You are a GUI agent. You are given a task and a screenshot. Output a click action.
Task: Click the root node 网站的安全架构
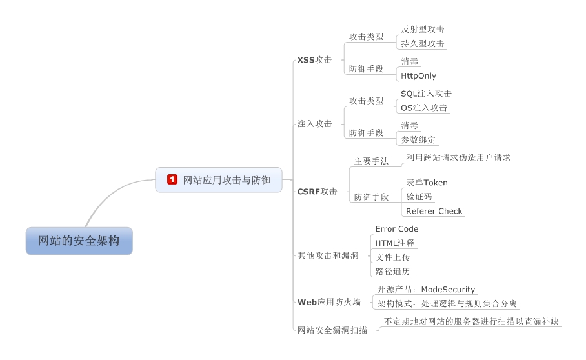click(x=79, y=241)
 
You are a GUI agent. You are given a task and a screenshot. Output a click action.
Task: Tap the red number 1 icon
click(x=172, y=179)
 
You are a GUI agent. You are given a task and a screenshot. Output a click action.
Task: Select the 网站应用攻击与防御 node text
click(x=227, y=179)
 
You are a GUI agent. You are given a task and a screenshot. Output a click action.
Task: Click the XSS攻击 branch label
click(x=314, y=59)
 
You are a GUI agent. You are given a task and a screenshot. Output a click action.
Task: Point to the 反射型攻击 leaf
click(x=423, y=30)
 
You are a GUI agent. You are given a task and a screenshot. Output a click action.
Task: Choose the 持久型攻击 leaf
click(x=423, y=44)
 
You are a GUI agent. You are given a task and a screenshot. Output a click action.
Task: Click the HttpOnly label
click(x=418, y=75)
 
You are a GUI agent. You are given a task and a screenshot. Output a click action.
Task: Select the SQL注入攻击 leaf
click(x=426, y=94)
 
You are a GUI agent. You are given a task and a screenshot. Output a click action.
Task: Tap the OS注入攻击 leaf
click(x=424, y=108)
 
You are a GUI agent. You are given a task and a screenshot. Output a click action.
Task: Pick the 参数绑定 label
click(x=418, y=139)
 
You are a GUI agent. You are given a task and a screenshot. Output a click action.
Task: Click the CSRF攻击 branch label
click(x=317, y=191)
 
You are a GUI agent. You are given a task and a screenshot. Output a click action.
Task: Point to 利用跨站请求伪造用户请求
click(x=459, y=157)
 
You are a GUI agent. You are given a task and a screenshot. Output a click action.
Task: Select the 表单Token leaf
click(x=427, y=183)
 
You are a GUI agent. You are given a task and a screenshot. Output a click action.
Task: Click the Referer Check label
click(x=434, y=211)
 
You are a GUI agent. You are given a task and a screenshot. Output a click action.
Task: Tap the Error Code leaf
click(x=396, y=229)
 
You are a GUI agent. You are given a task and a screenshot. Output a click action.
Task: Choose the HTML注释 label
click(x=394, y=243)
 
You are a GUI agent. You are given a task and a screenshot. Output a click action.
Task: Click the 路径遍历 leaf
click(x=392, y=272)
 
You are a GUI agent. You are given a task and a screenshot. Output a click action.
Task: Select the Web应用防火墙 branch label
click(x=328, y=302)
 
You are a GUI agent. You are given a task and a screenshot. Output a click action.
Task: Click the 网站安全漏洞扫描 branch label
click(x=332, y=330)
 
